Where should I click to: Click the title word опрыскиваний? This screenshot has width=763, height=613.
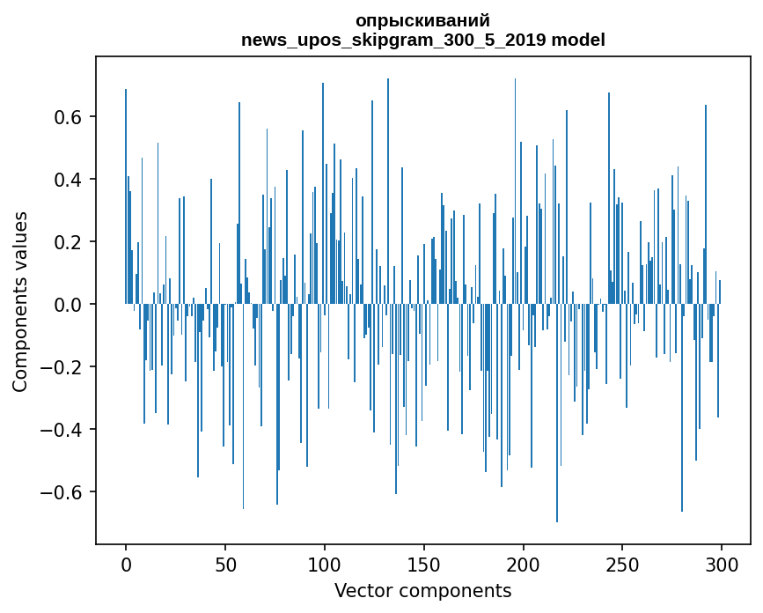coord(422,20)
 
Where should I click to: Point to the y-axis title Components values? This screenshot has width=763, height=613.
coord(20,301)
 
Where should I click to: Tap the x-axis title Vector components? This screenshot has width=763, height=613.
coord(422,591)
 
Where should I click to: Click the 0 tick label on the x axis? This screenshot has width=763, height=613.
coord(126,565)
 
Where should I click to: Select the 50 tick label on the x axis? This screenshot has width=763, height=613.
coord(225,565)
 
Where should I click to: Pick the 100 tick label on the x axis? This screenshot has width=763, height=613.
coord(325,565)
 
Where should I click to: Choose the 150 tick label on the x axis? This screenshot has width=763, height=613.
coord(424,565)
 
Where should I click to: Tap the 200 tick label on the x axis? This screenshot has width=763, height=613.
coord(524,565)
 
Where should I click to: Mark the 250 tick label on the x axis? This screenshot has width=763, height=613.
coord(623,565)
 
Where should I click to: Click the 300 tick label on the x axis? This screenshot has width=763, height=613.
coord(723,565)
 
